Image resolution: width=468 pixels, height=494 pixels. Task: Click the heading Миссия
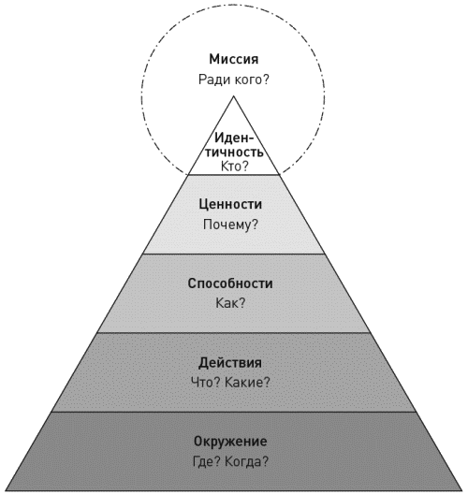(233, 59)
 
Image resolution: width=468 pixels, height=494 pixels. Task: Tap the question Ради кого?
(234, 80)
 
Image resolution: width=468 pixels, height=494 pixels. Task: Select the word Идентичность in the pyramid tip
(234, 145)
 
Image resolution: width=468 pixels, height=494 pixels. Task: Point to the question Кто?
(235, 166)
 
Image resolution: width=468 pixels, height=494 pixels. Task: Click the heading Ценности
(230, 205)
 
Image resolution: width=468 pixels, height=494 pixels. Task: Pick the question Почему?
(230, 225)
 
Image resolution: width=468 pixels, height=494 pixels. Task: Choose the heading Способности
(230, 283)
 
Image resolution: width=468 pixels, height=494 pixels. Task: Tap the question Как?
(230, 303)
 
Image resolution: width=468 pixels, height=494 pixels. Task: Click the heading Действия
(230, 363)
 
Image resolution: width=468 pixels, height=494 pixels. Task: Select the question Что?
(206, 383)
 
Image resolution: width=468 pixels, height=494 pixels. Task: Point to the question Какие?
(248, 383)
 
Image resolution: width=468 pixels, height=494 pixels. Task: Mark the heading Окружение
(230, 442)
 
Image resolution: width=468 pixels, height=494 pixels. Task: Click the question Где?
(206, 462)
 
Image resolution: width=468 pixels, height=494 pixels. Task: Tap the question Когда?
(247, 462)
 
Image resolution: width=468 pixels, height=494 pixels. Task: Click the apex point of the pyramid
(233, 96)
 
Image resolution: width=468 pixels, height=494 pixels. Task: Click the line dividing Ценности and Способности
(233, 254)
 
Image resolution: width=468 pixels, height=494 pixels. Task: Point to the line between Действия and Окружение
(233, 412)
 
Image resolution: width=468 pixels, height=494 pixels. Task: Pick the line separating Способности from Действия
(233, 332)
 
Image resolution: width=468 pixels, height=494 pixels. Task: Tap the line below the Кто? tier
(233, 174)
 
